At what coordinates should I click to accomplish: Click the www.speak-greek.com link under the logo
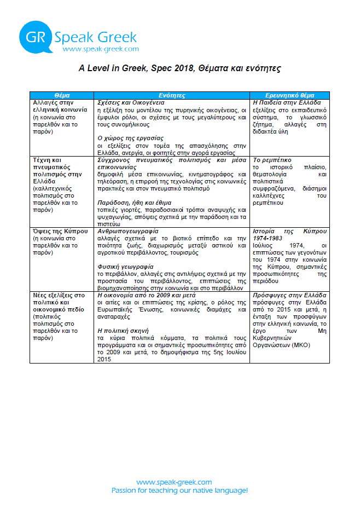pos(101,49)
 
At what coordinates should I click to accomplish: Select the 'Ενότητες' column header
pos(172,95)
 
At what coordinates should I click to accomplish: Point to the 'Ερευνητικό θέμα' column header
pos(289,95)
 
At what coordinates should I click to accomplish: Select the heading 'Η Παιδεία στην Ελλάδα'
pos(286,102)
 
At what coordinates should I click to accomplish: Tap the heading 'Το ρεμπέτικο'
pos(271,159)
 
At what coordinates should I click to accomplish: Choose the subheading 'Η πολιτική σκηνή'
pos(124,330)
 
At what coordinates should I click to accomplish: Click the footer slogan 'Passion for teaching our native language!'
pos(179,491)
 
